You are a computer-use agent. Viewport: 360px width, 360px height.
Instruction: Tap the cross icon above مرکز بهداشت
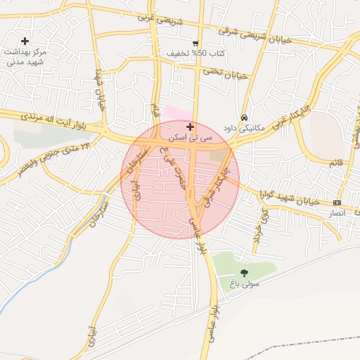(x=26, y=41)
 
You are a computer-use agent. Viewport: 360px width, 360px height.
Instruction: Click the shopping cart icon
(x=195, y=43)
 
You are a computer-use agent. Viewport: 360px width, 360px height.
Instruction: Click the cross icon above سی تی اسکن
(x=189, y=127)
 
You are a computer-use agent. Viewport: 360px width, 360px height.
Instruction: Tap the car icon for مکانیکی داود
(x=244, y=118)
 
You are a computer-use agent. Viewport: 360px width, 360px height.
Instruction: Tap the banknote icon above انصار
(x=337, y=202)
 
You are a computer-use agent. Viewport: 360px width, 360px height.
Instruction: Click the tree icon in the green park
(x=245, y=273)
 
